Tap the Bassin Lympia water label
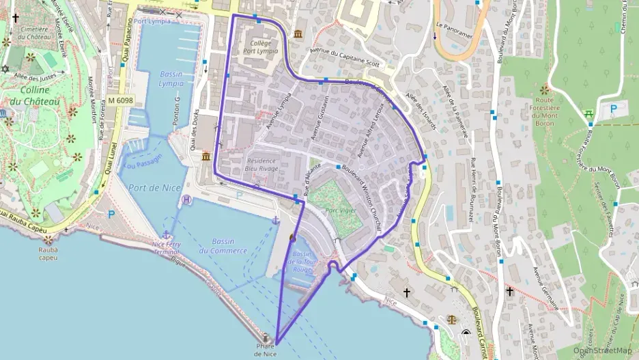[x=171, y=79]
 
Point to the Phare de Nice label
[x=266, y=350]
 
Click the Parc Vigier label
[x=341, y=210]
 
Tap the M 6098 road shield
[x=120, y=100]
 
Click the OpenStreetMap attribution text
[x=602, y=350]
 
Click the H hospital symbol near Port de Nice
[x=187, y=199]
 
